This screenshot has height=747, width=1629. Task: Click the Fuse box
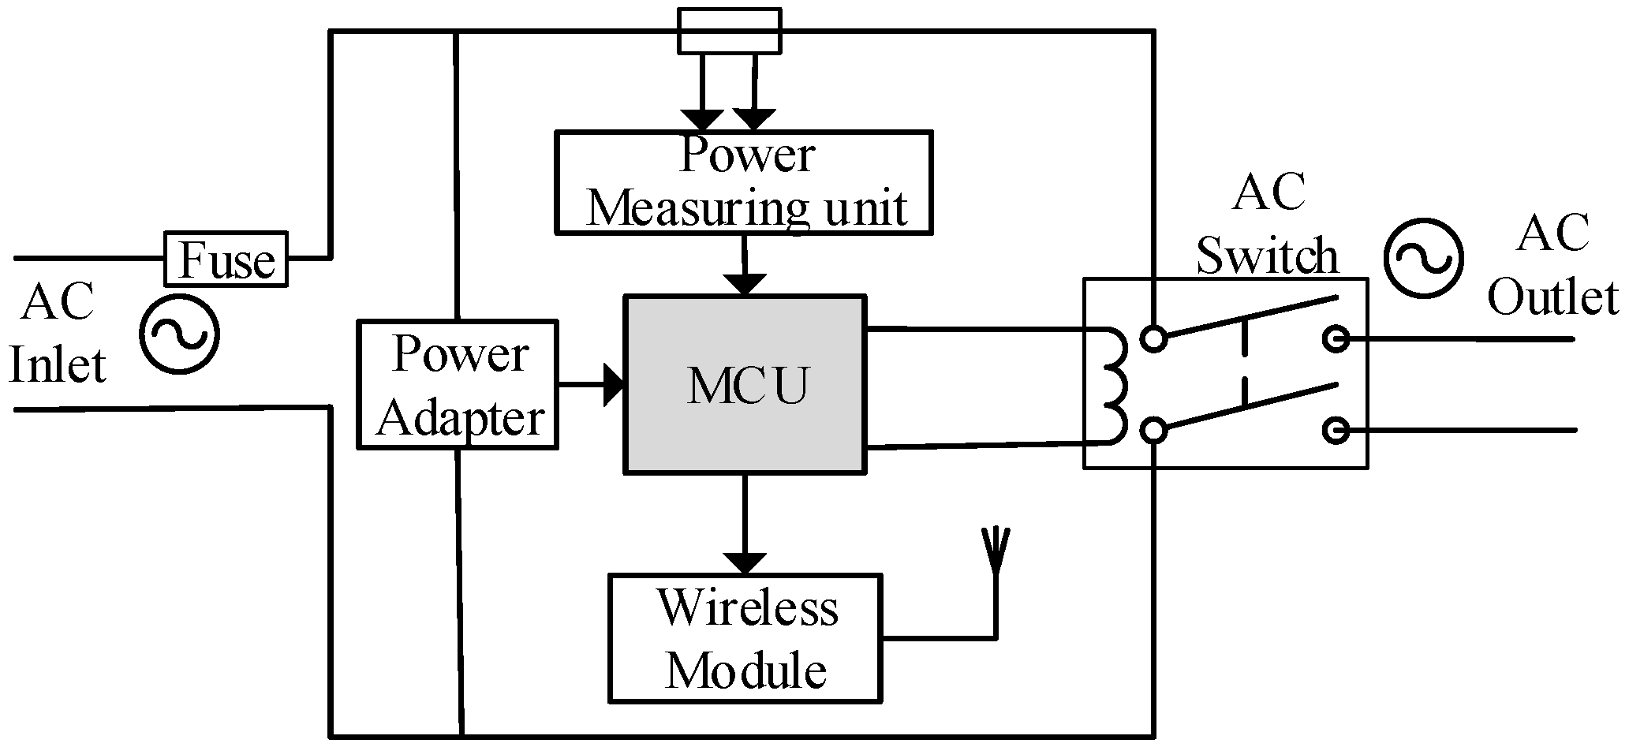(x=226, y=259)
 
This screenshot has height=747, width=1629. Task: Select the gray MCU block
(x=745, y=385)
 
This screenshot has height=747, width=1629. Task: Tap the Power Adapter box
(x=458, y=384)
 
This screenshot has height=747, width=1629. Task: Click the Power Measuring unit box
(x=744, y=182)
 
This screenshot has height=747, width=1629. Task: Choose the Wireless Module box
(x=745, y=637)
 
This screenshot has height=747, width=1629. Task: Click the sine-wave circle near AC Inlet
(x=179, y=334)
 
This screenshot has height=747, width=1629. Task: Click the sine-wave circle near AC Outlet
(x=1423, y=259)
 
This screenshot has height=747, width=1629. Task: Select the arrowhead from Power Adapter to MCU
(x=615, y=385)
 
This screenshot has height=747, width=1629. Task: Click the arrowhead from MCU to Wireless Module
(x=745, y=562)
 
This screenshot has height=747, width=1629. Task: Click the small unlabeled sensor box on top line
(x=730, y=31)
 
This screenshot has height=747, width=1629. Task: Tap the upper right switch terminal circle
(x=1336, y=339)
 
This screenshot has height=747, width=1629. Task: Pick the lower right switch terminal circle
(x=1336, y=431)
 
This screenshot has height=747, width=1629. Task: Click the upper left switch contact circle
(x=1154, y=339)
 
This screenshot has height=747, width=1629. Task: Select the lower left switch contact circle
(x=1154, y=431)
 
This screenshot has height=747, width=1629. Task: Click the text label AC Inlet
(x=58, y=334)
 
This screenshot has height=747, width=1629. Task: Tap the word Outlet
(x=1552, y=298)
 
